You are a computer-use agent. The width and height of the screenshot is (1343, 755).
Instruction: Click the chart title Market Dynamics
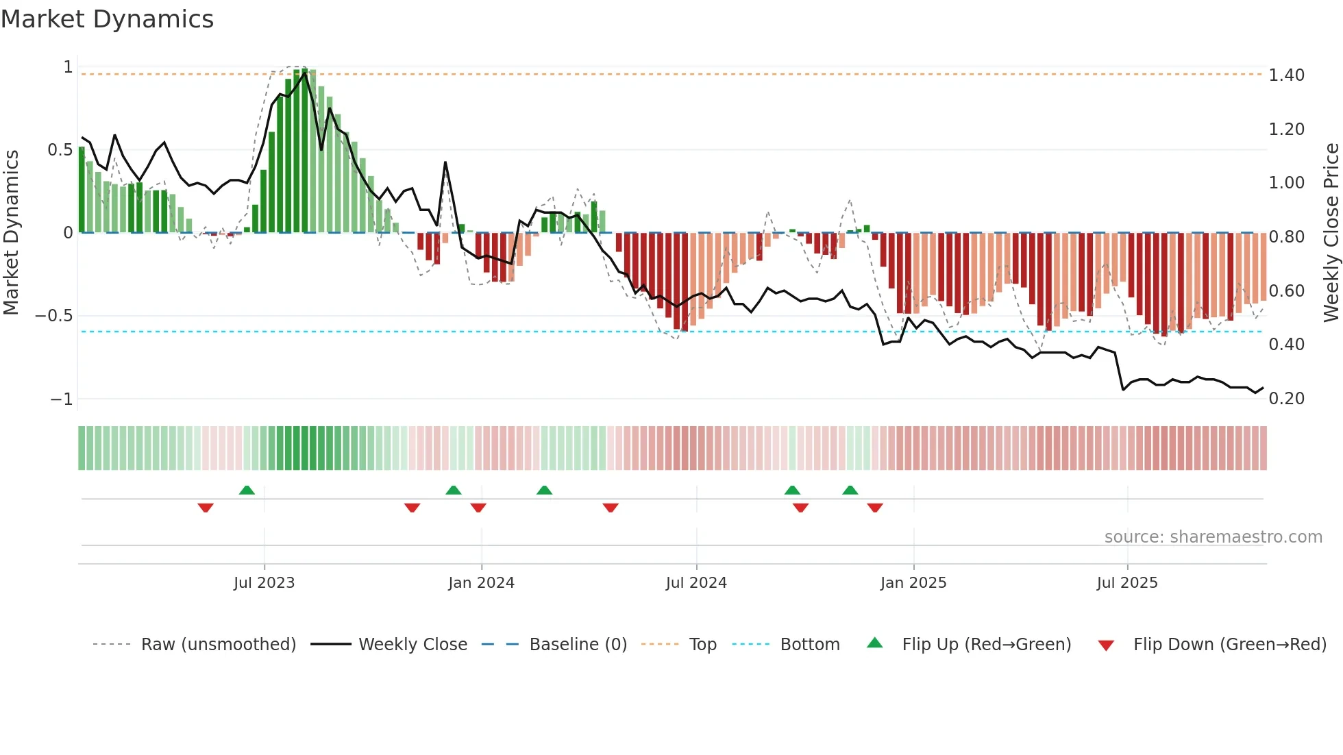108,19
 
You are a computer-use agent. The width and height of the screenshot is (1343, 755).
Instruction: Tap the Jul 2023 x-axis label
264,582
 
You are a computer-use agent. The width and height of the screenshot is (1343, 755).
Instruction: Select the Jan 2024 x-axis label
481,582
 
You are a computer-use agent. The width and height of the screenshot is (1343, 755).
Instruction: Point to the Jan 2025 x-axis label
913,582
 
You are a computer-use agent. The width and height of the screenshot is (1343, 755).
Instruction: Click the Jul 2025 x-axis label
1126,582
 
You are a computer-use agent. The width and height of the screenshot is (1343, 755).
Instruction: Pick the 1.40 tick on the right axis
1286,75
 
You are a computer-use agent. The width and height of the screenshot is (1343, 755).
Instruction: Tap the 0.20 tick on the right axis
1286,398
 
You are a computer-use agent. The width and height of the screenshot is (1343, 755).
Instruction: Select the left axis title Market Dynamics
12,233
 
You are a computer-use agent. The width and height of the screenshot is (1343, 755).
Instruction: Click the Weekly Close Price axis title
1331,233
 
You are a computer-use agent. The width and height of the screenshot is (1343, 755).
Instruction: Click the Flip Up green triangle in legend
875,643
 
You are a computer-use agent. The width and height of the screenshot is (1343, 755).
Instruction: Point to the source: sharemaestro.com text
1213,536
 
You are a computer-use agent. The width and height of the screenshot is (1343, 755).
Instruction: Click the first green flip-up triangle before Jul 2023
247,490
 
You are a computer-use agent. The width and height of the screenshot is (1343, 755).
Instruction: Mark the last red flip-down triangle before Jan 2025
875,508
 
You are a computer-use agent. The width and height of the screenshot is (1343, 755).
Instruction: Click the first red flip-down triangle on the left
206,508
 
